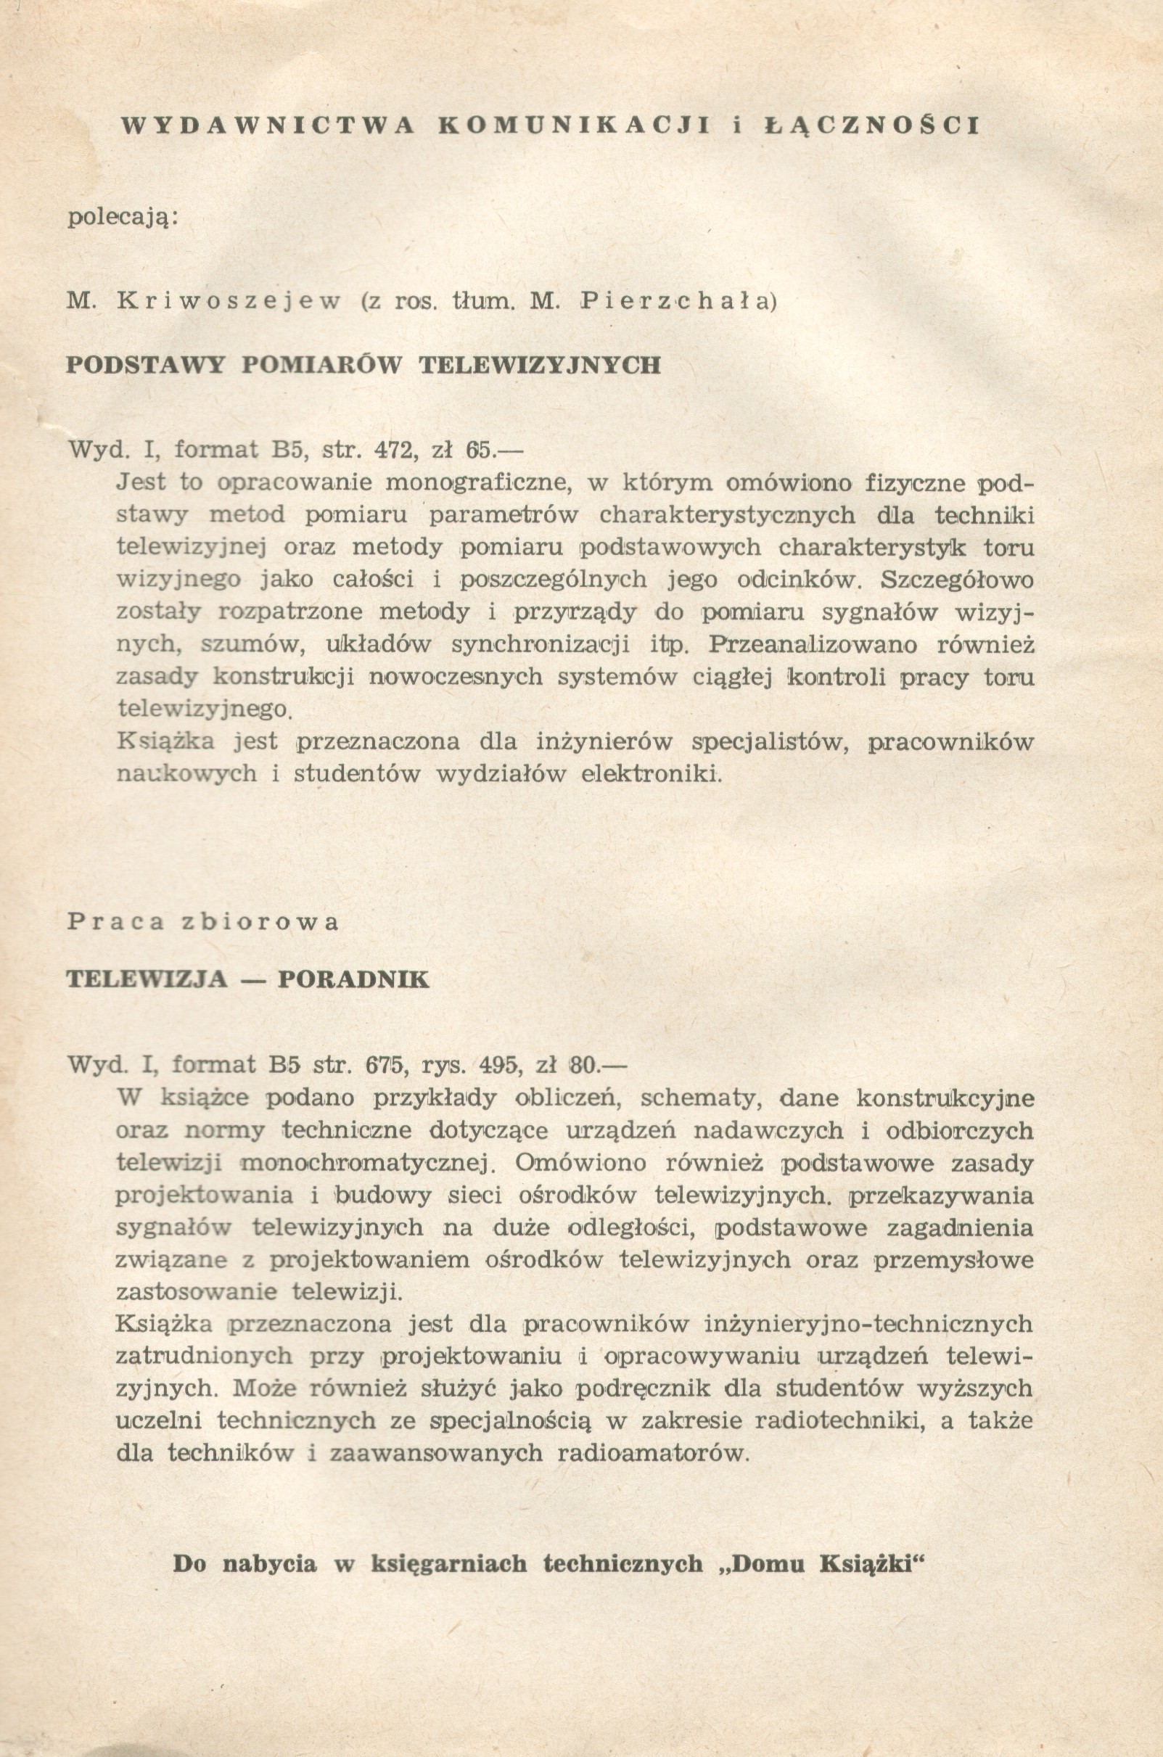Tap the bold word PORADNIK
click(x=353, y=979)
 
